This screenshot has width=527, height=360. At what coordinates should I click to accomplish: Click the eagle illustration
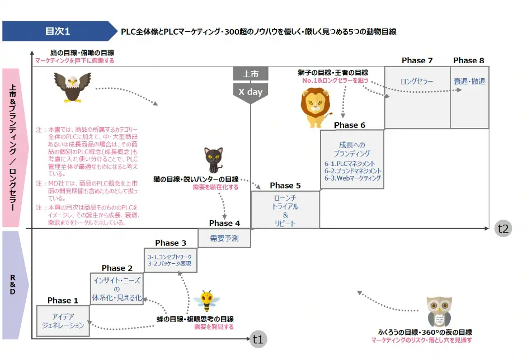click(x=72, y=87)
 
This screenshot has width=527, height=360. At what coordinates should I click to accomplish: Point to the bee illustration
click(x=206, y=302)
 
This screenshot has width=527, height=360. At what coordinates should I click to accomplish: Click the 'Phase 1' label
click(x=63, y=300)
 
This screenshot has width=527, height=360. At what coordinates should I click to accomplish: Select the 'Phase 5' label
click(x=285, y=186)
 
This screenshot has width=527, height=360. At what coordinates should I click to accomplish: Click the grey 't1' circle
click(x=258, y=339)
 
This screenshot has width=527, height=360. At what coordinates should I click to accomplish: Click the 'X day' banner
click(x=250, y=92)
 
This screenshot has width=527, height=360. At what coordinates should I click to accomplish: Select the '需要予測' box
click(x=224, y=238)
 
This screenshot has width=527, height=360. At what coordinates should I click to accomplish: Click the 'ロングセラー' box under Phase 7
click(x=417, y=82)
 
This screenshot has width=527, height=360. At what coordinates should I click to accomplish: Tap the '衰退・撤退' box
click(x=469, y=82)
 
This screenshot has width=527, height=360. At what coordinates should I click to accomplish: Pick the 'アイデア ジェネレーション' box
click(x=63, y=321)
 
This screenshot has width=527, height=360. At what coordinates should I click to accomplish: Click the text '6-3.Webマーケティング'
click(x=352, y=178)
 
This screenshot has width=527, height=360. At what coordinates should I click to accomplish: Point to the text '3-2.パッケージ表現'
click(x=170, y=263)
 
